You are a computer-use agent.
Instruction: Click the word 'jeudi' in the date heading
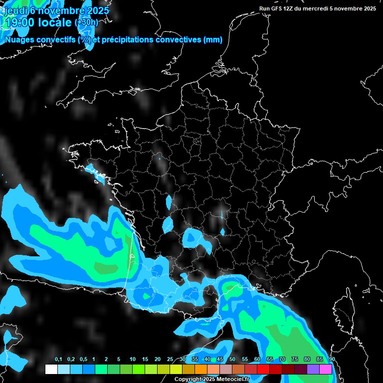tap(15, 10)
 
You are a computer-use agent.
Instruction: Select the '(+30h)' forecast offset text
tap(86, 22)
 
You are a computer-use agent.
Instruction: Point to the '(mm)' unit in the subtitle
tap(213, 40)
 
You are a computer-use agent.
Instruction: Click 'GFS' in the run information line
tap(276, 8)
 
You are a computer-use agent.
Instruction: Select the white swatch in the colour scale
tap(51, 369)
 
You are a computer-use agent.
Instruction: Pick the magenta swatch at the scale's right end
tap(325, 369)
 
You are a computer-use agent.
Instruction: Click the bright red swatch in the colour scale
tap(263, 369)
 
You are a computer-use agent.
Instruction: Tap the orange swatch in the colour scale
tap(200, 369)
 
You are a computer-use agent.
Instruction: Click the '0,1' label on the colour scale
tap(58, 360)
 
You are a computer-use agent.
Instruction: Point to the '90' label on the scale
tap(332, 360)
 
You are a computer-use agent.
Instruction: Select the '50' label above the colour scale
tap(232, 360)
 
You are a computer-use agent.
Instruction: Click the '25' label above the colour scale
tap(170, 360)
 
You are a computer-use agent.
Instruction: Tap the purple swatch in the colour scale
tap(313, 369)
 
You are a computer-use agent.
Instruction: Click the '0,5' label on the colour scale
tap(84, 360)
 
